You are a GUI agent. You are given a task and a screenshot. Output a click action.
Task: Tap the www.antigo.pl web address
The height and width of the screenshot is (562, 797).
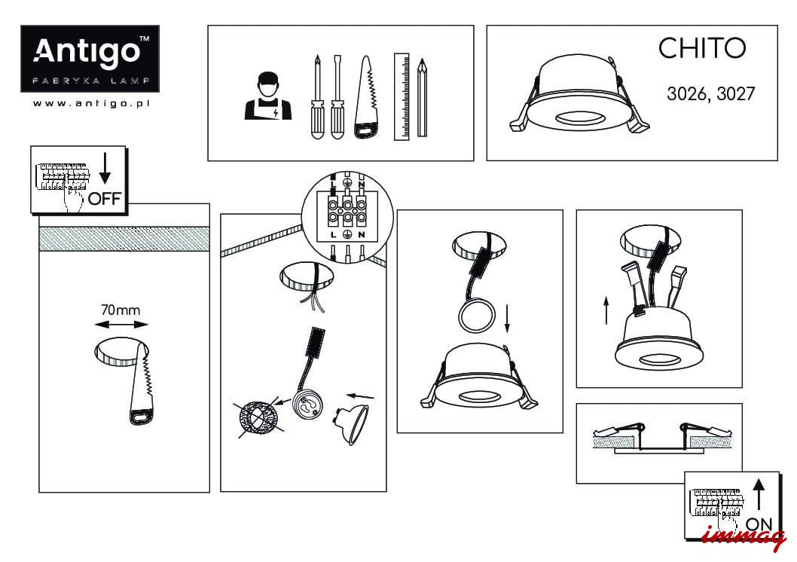coord(91,103)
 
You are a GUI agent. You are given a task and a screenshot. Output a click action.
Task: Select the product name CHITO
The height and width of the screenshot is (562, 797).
coord(702,48)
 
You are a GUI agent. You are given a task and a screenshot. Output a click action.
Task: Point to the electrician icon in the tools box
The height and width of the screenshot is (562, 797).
coord(268,96)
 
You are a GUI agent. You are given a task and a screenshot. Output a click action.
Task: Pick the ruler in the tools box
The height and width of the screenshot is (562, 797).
coord(402,96)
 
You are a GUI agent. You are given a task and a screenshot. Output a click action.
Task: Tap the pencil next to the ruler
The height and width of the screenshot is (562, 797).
coord(422,98)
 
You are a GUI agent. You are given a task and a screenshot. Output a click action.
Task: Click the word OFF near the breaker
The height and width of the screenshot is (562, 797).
coord(105,198)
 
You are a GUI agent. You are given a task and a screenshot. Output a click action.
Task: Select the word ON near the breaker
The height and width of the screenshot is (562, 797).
coord(759,524)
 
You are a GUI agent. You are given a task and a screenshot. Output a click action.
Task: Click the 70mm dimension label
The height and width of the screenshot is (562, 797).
coord(121,310)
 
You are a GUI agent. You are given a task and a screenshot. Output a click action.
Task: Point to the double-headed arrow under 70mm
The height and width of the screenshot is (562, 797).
coord(121,325)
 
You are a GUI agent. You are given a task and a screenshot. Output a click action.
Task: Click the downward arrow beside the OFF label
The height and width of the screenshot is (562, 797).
coord(105,168)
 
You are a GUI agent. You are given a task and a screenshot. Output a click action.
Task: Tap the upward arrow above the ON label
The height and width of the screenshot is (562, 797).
coord(759,494)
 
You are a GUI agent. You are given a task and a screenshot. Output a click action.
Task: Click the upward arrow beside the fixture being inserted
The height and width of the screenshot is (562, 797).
coord(606,310)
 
